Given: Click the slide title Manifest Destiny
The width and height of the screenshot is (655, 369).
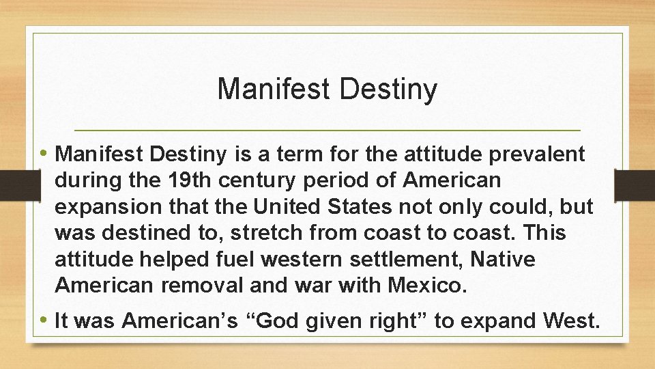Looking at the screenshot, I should [x=327, y=89].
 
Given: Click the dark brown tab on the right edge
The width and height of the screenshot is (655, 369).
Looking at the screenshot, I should [x=635, y=184].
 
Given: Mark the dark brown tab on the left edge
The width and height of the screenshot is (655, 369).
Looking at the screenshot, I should [x=12, y=184].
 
